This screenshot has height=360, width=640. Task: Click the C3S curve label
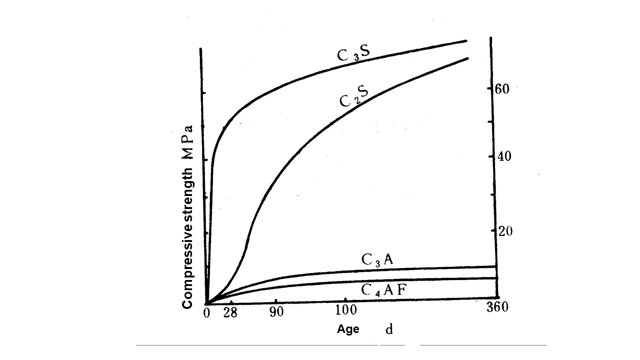pyautogui.click(x=353, y=54)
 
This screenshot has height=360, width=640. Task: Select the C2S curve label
pyautogui.click(x=354, y=97)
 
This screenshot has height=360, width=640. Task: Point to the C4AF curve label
pyautogui.click(x=385, y=291)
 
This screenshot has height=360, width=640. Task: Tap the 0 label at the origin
pyautogui.click(x=207, y=313)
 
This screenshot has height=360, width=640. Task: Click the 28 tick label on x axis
pyautogui.click(x=230, y=313)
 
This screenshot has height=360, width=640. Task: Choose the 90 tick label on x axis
pyautogui.click(x=276, y=312)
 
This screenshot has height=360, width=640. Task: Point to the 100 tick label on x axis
pyautogui.click(x=345, y=310)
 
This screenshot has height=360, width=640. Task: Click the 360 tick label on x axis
pyautogui.click(x=497, y=307)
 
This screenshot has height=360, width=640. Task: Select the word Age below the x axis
pyautogui.click(x=348, y=329)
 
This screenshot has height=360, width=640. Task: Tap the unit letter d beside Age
pyautogui.click(x=388, y=329)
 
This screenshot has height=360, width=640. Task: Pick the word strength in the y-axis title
pyautogui.click(x=188, y=200)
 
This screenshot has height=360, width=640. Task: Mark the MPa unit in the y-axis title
pyautogui.click(x=188, y=142)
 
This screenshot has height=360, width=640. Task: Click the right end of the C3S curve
pyautogui.click(x=466, y=41)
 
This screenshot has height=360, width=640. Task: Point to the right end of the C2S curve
pyautogui.click(x=467, y=58)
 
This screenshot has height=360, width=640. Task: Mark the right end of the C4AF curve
pyautogui.click(x=496, y=278)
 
